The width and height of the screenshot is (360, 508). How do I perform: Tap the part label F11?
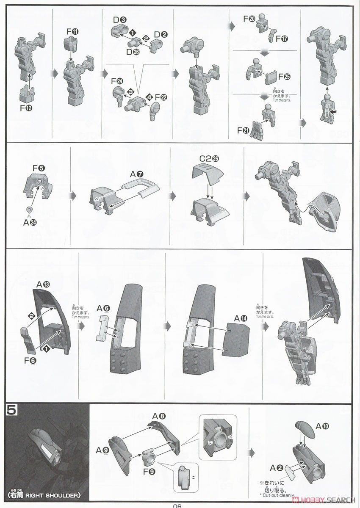(x=71, y=32)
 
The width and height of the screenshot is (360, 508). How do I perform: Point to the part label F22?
(x=161, y=97)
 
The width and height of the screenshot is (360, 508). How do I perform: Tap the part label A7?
(x=136, y=174)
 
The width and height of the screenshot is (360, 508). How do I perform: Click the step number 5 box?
(x=10, y=411)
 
